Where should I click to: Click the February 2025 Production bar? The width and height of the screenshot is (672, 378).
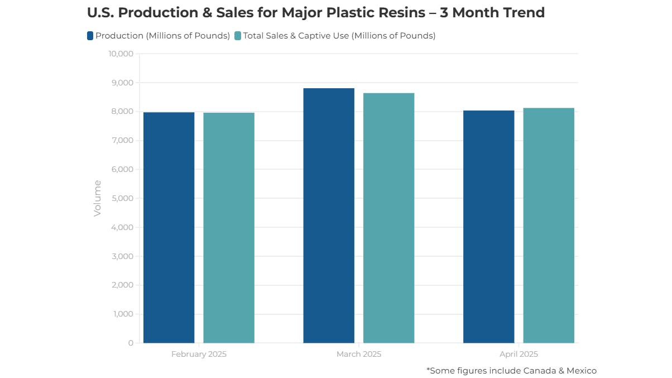pyautogui.click(x=169, y=228)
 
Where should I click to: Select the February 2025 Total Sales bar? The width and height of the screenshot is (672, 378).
pyautogui.click(x=229, y=228)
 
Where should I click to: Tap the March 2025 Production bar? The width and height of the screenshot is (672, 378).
pyautogui.click(x=329, y=216)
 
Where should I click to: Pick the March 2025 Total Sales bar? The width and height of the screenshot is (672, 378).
pyautogui.click(x=388, y=218)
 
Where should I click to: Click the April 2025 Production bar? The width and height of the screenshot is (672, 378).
pyautogui.click(x=488, y=227)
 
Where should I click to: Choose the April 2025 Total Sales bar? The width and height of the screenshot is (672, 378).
pyautogui.click(x=549, y=226)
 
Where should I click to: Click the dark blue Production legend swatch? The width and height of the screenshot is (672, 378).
pyautogui.click(x=90, y=36)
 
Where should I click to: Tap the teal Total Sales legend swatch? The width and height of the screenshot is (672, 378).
pyautogui.click(x=238, y=36)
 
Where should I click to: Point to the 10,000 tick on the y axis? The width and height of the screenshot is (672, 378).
pyautogui.click(x=121, y=54)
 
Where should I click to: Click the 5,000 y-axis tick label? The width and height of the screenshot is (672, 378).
pyautogui.click(x=123, y=198)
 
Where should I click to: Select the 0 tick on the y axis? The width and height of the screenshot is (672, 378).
pyautogui.click(x=131, y=343)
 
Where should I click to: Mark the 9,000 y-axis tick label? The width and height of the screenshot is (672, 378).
pyautogui.click(x=123, y=83)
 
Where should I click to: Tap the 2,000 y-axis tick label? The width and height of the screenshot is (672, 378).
pyautogui.click(x=123, y=285)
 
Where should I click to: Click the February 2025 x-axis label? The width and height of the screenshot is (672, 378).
pyautogui.click(x=199, y=354)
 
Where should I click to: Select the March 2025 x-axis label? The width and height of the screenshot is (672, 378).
pyautogui.click(x=359, y=354)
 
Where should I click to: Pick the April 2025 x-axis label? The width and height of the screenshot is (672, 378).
pyautogui.click(x=519, y=354)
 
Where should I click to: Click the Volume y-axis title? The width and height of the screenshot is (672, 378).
pyautogui.click(x=98, y=198)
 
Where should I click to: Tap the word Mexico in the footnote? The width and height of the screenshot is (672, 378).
pyautogui.click(x=579, y=370)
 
